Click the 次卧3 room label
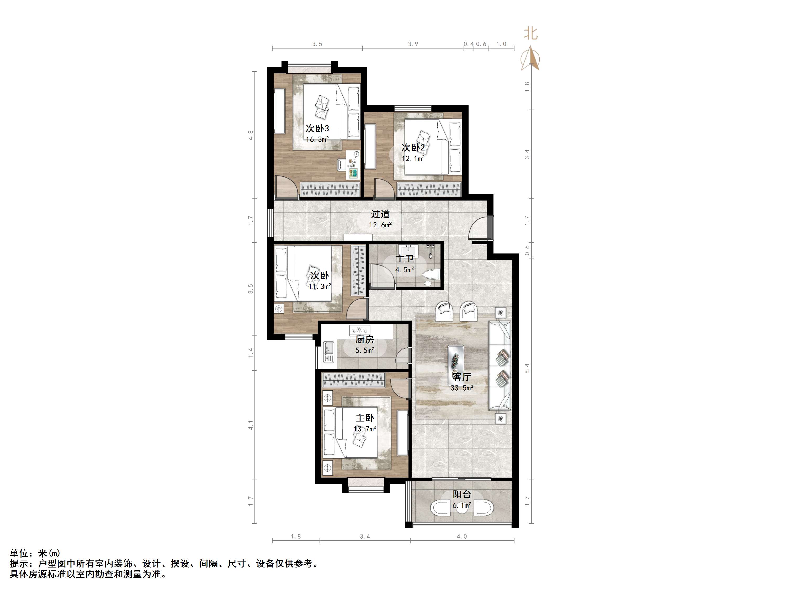tap(317, 128)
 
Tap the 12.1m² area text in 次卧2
tap(413, 158)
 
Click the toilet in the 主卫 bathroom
tap(431, 277)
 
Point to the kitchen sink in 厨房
tap(329, 352)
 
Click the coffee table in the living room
tap(455, 360)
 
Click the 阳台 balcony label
tap(462, 494)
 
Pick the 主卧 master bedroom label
tap(365, 418)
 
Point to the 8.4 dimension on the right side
tap(527, 368)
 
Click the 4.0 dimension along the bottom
tap(462, 537)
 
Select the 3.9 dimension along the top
tap(413, 44)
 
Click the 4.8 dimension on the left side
tap(251, 135)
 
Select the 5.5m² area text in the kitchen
tap(365, 351)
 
